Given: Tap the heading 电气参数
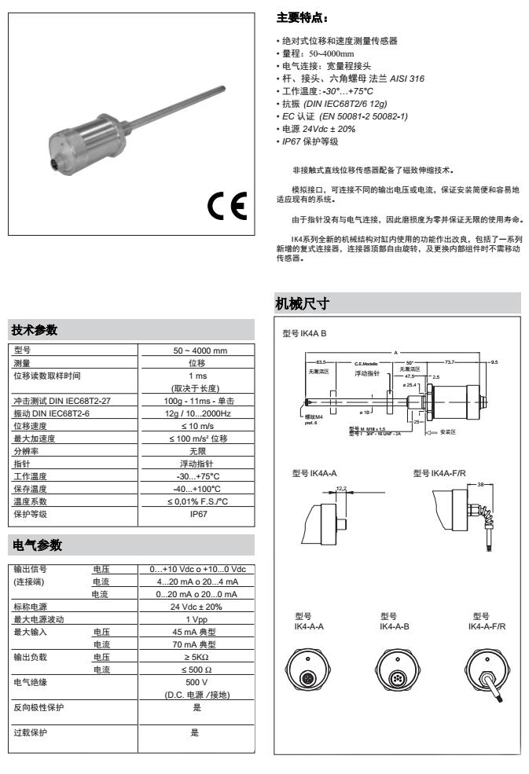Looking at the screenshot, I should pyautogui.click(x=39, y=544).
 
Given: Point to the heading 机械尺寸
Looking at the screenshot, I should pyautogui.click(x=300, y=303).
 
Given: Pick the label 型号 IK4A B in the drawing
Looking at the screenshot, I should pyautogui.click(x=304, y=332).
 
